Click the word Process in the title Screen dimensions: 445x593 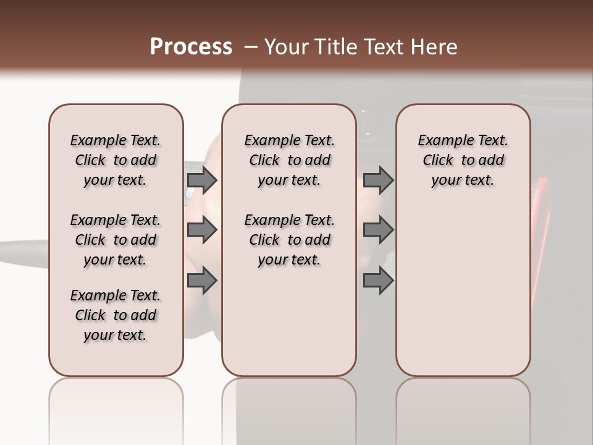pyautogui.click(x=191, y=47)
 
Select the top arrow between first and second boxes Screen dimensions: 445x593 pyautogui.click(x=202, y=180)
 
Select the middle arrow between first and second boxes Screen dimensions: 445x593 pyautogui.click(x=202, y=230)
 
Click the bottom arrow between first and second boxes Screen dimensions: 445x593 pyautogui.click(x=202, y=281)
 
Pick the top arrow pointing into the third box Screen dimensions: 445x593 pyautogui.click(x=378, y=180)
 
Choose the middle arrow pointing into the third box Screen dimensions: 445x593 pyautogui.click(x=378, y=230)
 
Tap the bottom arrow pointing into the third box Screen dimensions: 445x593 pyautogui.click(x=378, y=281)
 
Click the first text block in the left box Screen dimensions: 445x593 pyautogui.click(x=116, y=160)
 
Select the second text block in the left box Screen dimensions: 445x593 pyautogui.click(x=116, y=240)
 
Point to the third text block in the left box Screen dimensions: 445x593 pyautogui.click(x=116, y=315)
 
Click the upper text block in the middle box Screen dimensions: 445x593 pyautogui.click(x=289, y=160)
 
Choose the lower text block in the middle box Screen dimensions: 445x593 pyautogui.click(x=289, y=240)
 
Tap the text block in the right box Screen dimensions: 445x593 pyautogui.click(x=463, y=160)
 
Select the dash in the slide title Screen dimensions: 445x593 pyautogui.click(x=251, y=47)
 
